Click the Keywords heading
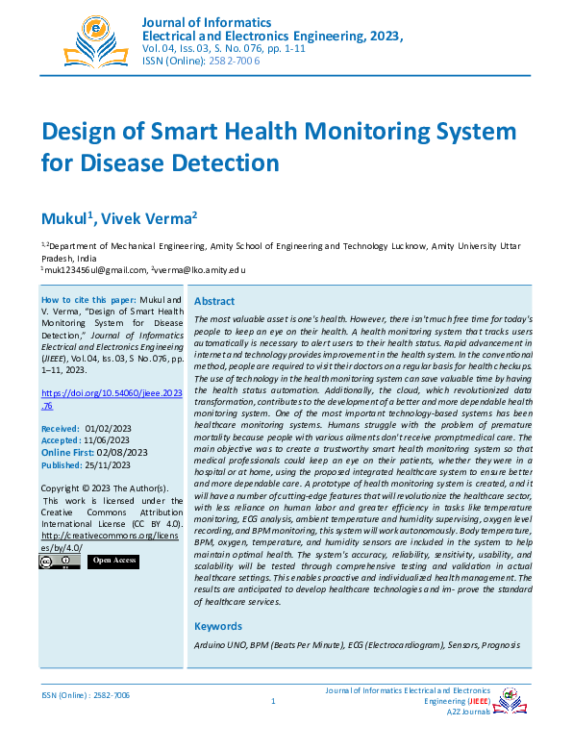coord(218,626)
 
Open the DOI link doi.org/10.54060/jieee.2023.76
coord(112,399)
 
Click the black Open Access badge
coord(113,561)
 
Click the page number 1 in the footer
coord(273,701)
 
